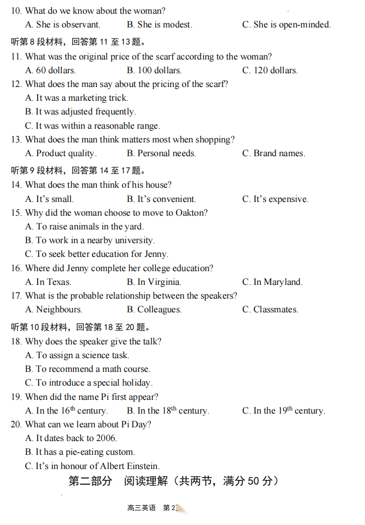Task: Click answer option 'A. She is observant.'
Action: [x=63, y=24]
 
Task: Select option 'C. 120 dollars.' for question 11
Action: [x=270, y=70]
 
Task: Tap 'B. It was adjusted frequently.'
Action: [x=80, y=111]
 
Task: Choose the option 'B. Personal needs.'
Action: [x=161, y=153]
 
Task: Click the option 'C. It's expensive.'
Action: [x=275, y=199]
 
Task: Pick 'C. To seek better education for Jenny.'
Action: [x=97, y=254]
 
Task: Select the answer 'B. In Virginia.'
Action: [x=154, y=282]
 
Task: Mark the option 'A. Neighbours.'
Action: [x=53, y=309]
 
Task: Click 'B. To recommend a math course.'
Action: [x=88, y=369]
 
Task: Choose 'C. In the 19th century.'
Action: [x=284, y=411]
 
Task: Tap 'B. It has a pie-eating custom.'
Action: [x=80, y=452]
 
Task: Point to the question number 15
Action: [x=16, y=213]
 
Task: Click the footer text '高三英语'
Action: [x=142, y=508]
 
